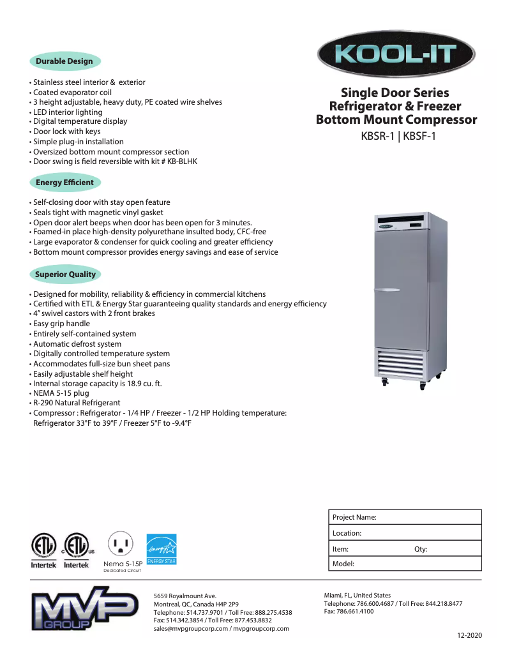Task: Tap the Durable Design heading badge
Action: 64,61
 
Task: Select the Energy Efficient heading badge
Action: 64,183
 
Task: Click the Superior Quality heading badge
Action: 65,275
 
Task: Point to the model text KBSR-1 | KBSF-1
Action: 398,135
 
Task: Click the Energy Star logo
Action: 162,549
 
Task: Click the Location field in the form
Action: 405,533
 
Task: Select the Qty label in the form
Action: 421,549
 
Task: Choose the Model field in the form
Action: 405,564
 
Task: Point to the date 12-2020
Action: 469,635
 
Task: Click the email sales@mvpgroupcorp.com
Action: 190,628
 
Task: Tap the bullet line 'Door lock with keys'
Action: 66,132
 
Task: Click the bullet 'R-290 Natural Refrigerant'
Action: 77,403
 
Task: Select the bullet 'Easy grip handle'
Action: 61,324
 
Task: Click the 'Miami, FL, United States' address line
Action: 358,595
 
